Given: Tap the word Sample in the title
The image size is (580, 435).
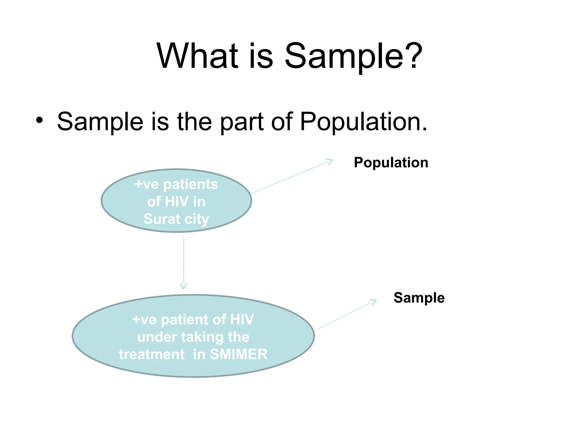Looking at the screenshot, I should pos(344,57).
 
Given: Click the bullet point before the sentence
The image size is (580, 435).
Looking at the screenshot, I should pos(39,120).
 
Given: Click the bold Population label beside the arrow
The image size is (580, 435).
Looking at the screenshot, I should pos(391,163).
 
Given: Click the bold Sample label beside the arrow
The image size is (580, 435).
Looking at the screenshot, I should pos(419,298).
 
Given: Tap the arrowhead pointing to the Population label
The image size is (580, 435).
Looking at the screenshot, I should pos(330,161).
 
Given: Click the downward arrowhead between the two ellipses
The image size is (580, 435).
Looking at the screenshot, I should pos(184,286).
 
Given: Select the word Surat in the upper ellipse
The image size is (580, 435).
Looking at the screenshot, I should pos(162,219).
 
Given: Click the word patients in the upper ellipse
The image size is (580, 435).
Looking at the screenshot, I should pos(191,185).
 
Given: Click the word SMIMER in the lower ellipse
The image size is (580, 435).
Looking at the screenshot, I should pos(239,354).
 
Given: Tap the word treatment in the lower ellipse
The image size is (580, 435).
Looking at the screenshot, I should pos(152,354).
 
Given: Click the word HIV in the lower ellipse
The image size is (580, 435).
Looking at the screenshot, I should pos(242,319).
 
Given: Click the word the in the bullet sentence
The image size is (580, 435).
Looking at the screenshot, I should pos(194,121).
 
